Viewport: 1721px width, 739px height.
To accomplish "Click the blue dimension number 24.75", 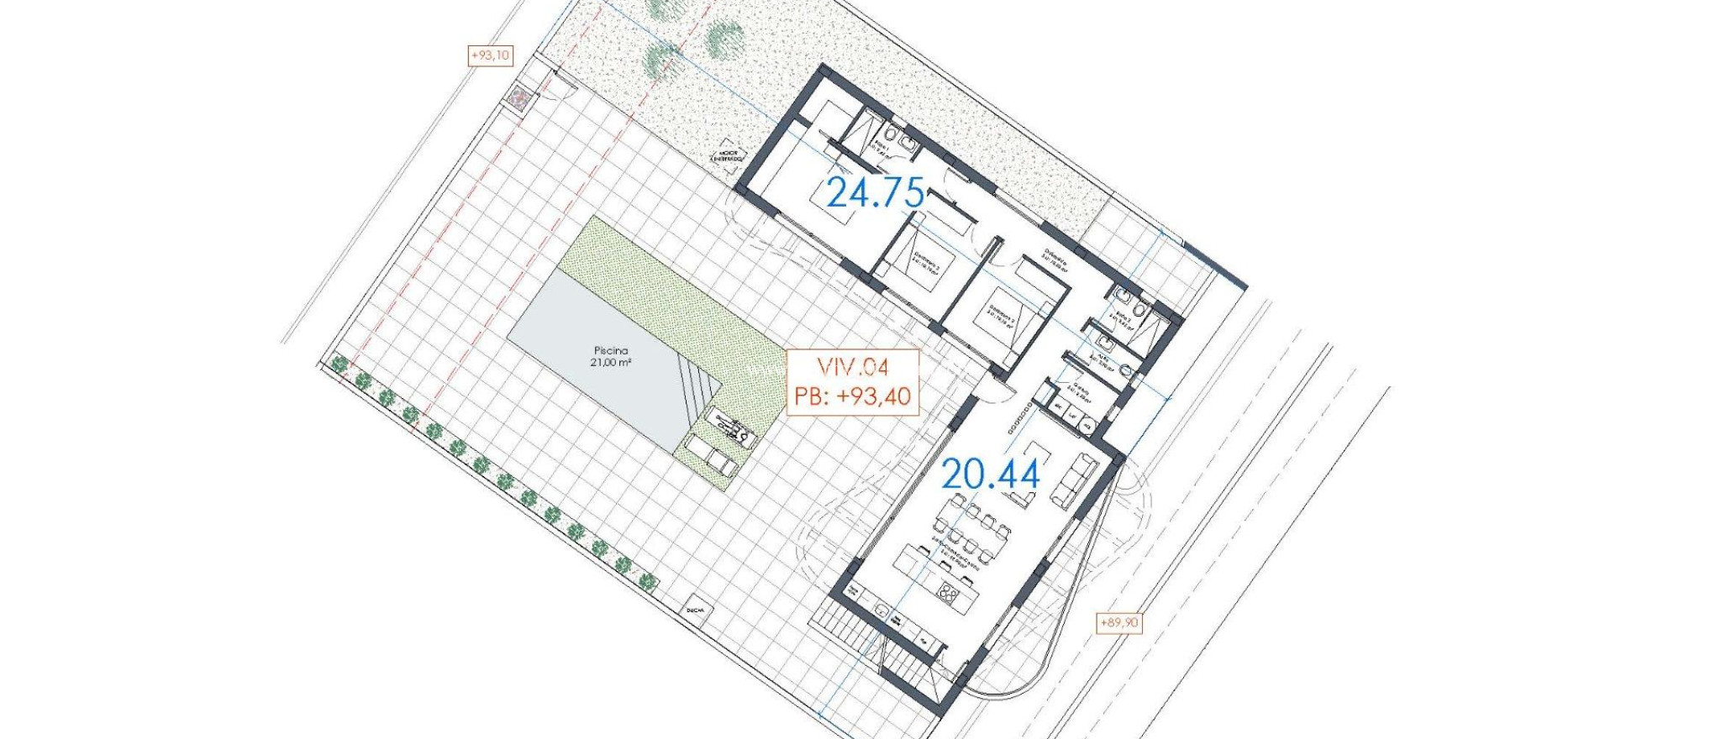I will click(x=876, y=193).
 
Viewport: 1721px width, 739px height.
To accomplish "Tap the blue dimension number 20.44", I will click(x=990, y=475).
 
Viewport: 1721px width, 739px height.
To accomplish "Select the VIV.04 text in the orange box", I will click(x=852, y=367).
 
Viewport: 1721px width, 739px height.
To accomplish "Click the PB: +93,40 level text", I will click(x=852, y=396).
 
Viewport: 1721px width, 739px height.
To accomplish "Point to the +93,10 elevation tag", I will click(x=490, y=55).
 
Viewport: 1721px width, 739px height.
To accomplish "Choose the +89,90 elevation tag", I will click(x=1119, y=622).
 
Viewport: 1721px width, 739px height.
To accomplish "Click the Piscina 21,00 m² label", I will click(x=611, y=356).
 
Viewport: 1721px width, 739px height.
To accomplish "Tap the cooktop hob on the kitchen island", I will click(x=949, y=594).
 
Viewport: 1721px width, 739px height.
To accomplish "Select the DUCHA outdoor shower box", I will click(x=695, y=611).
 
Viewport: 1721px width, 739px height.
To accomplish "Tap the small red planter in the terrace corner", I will click(x=518, y=99).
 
